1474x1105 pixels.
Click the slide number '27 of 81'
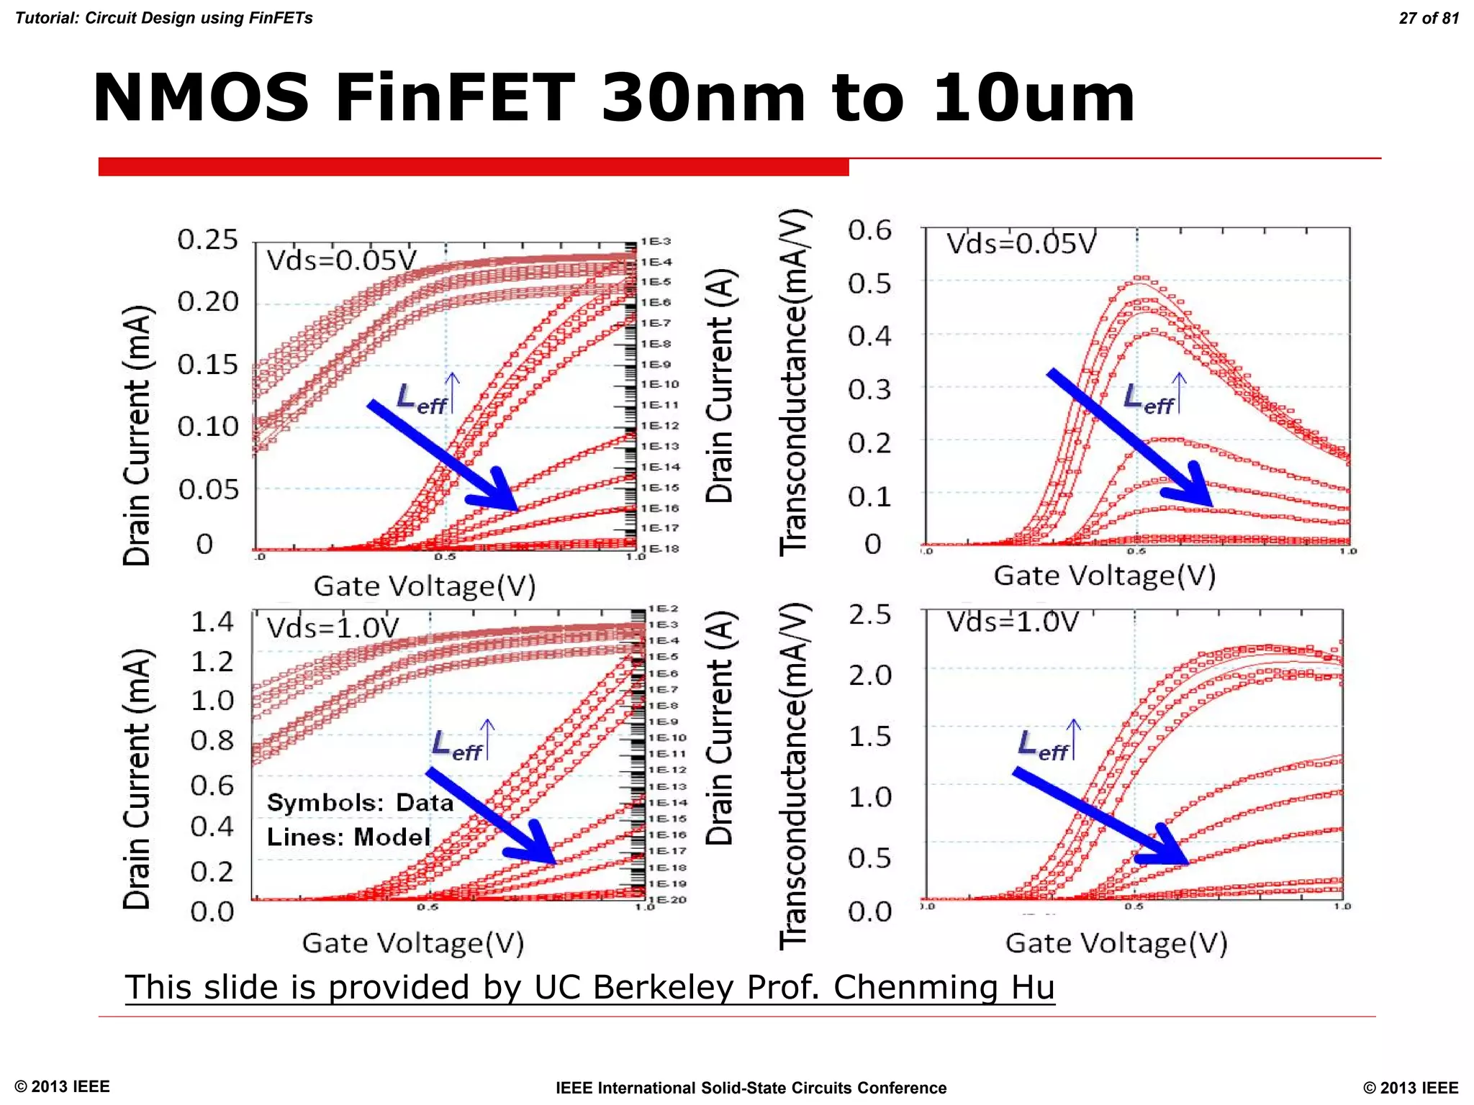(1428, 18)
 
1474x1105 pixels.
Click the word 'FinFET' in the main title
(455, 99)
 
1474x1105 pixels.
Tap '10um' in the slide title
(1034, 99)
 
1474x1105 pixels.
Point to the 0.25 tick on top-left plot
(207, 240)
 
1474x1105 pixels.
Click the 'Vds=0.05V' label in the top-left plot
(341, 260)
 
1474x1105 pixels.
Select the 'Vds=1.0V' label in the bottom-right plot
(1013, 622)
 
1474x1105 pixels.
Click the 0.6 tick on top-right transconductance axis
(869, 231)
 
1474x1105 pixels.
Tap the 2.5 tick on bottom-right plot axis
(869, 615)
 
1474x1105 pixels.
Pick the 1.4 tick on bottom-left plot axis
(212, 622)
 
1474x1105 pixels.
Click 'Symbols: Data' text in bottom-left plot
(360, 803)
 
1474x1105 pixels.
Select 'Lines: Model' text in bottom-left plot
(348, 837)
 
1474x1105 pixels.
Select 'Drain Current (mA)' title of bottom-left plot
(137, 779)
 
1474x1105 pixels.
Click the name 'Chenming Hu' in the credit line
(944, 988)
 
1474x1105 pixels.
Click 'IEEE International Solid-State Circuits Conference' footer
(751, 1088)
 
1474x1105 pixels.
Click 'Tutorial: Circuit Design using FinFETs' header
(164, 18)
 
